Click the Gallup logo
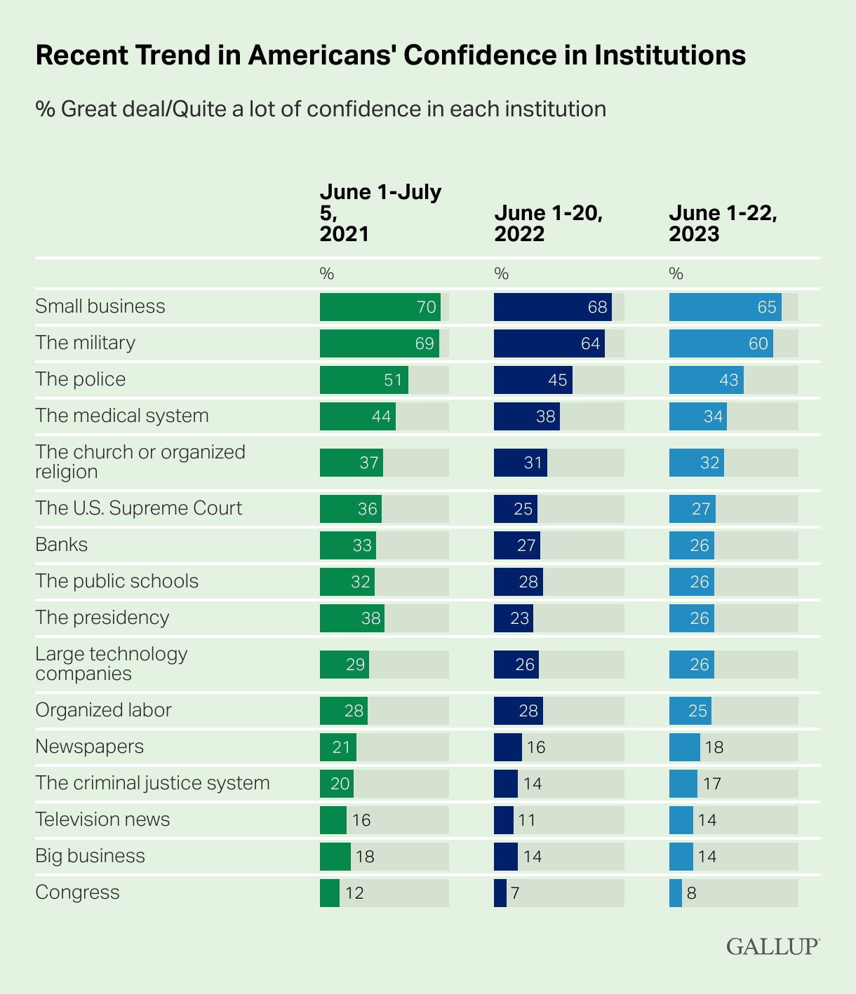click(773, 946)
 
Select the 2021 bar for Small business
click(380, 307)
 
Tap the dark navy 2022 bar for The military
click(549, 343)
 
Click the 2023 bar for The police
click(706, 380)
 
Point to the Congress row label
click(77, 892)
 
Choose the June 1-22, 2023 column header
click(723, 223)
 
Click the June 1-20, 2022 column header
click(549, 223)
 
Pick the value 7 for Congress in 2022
click(515, 893)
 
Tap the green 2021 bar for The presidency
click(352, 618)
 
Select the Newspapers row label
click(89, 747)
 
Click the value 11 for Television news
click(526, 820)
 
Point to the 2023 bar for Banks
click(691, 545)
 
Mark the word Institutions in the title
click(669, 55)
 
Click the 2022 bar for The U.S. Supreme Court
click(515, 509)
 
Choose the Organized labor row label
click(103, 710)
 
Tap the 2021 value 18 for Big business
click(365, 857)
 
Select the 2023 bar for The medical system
click(697, 416)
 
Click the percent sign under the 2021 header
click(326, 274)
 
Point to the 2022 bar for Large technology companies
click(516, 665)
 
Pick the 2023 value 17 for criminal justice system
click(711, 784)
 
